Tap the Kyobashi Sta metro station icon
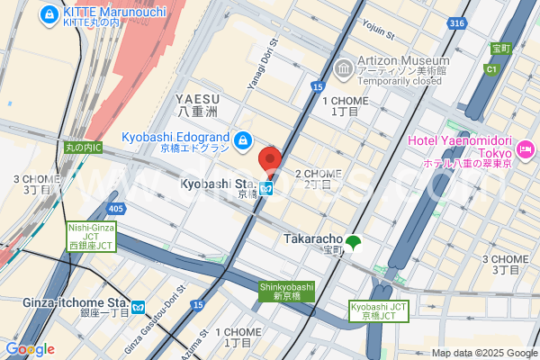tap(267, 189)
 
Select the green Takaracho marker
tap(355, 242)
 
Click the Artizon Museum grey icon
tap(343, 68)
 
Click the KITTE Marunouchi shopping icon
tap(48, 14)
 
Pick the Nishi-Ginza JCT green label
tap(92, 236)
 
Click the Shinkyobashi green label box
tap(286, 291)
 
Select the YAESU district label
tap(195, 103)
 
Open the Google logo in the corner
tap(30, 348)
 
